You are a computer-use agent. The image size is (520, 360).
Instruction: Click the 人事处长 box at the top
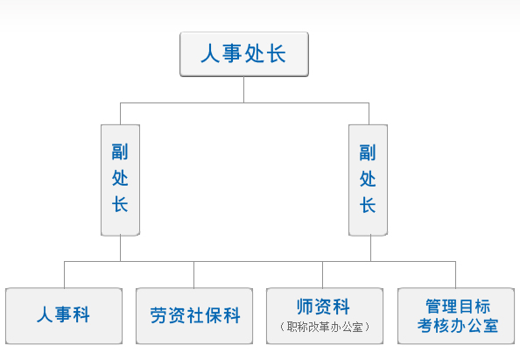pos(244,54)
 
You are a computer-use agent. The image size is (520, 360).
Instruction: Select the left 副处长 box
pos(121,180)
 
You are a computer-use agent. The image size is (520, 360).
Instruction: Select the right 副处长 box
pos(368,180)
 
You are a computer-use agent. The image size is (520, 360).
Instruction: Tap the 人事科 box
pos(64,316)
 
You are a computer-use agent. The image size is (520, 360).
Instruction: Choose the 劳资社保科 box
pos(194,316)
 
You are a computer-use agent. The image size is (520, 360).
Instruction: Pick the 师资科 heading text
pos(323,307)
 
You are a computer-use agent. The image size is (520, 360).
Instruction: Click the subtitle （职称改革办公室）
pos(325,327)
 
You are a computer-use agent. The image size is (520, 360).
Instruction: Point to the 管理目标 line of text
pos(458,306)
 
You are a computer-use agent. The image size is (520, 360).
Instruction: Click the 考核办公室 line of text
pos(458,326)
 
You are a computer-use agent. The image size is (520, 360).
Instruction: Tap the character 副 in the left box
pos(120,152)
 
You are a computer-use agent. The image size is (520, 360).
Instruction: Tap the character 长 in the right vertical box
pos(368,205)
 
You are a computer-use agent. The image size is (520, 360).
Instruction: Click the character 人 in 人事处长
pos(210,53)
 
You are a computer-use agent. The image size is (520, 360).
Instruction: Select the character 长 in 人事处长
pos(276,53)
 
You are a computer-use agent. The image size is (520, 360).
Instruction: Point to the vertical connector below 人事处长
pos(243,89)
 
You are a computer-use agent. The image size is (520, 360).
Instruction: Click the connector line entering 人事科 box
pos(64,275)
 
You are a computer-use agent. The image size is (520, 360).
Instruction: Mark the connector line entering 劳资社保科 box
pos(194,275)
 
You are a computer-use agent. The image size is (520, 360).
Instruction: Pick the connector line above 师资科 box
pos(323,275)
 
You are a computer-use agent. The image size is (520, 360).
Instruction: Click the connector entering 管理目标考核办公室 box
pos(456,275)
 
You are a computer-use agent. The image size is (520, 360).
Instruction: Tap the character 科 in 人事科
pos(81,314)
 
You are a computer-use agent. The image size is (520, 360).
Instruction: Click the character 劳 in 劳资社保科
pos(158,315)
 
